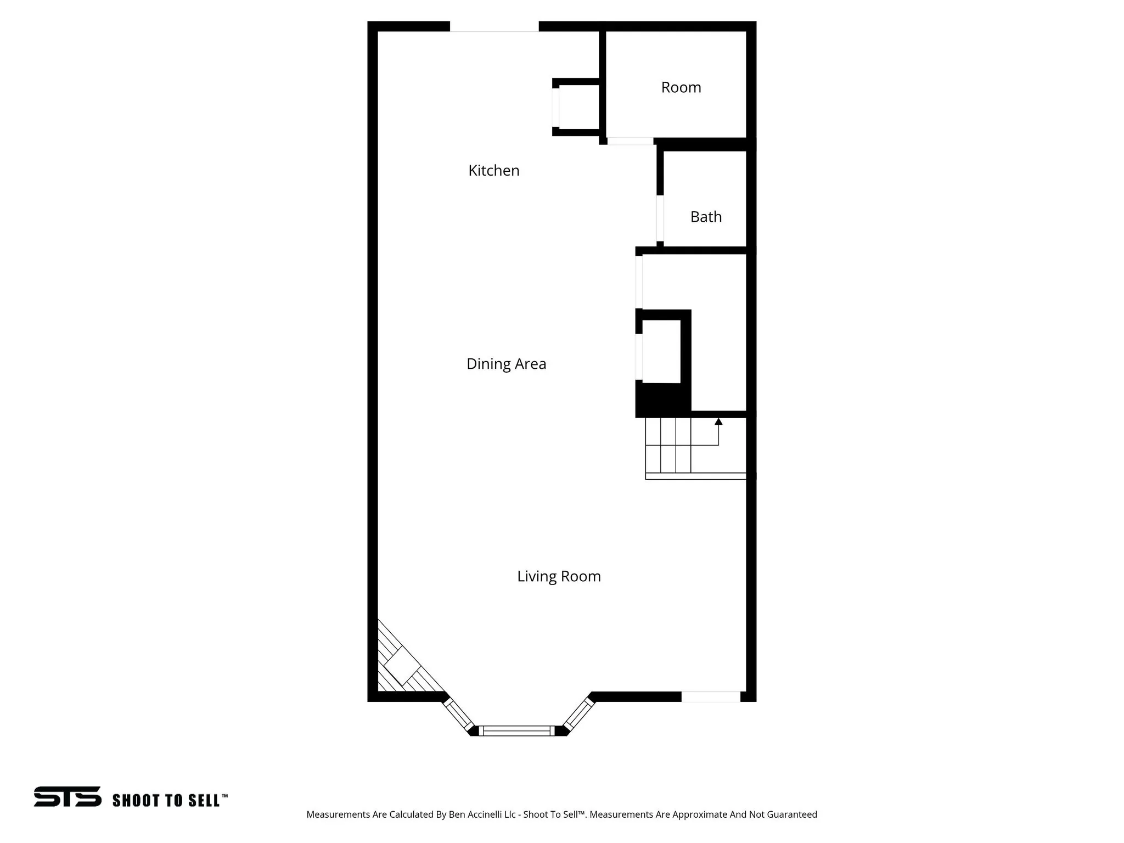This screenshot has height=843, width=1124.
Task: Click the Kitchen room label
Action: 493,171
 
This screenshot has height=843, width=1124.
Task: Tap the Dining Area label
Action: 506,364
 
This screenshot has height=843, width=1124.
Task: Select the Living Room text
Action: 559,576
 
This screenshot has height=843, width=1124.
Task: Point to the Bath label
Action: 706,217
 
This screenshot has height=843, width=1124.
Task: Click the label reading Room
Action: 681,88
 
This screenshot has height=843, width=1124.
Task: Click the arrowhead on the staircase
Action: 718,421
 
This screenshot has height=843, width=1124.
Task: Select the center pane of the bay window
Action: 516,730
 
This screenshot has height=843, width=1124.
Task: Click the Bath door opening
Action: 660,218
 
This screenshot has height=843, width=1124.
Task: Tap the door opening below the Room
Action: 630,142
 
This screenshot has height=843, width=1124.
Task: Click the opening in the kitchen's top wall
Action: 494,26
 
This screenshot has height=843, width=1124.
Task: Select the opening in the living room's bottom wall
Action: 711,696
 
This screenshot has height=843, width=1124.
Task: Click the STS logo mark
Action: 68,796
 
